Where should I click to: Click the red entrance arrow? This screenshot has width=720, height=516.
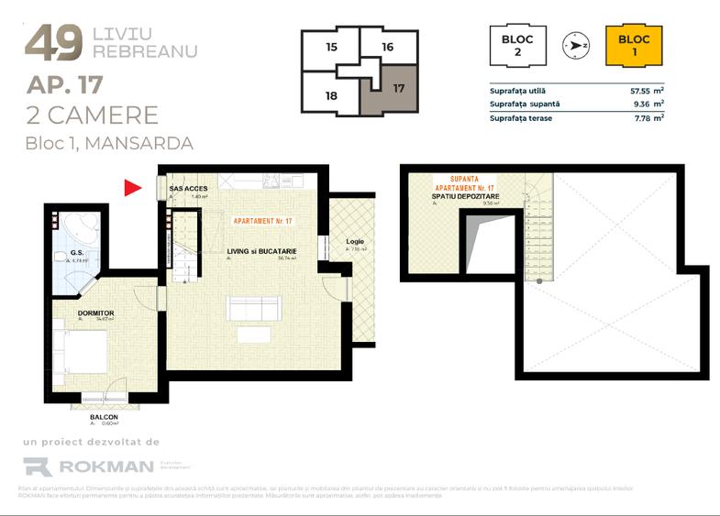tap(132, 188)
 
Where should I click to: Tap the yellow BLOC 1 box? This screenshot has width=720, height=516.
tap(634, 46)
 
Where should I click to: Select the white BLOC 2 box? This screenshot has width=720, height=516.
tap(517, 46)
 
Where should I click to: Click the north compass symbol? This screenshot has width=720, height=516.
tap(577, 45)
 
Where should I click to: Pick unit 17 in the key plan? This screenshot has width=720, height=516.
tap(397, 90)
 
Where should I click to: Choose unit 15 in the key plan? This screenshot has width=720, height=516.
tap(331, 47)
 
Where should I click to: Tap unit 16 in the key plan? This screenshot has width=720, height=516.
tap(388, 47)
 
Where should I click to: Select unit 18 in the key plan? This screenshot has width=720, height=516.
tap(331, 94)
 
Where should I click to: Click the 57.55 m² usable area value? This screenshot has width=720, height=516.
tap(647, 91)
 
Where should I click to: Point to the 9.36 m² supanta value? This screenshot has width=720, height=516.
tap(647, 104)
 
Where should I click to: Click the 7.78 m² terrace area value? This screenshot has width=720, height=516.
tap(647, 117)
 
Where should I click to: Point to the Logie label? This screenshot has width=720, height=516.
tap(355, 243)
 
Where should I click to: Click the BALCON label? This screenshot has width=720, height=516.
tap(104, 416)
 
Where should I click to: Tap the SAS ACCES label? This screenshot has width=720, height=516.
tap(189, 188)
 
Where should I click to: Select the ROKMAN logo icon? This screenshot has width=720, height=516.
tap(37, 467)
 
